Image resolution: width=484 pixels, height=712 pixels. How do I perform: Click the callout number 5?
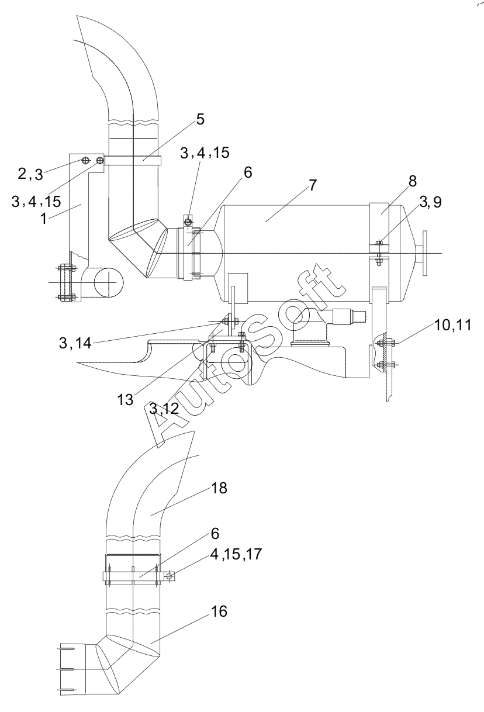[x=200, y=119]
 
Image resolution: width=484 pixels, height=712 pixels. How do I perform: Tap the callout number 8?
[x=412, y=181]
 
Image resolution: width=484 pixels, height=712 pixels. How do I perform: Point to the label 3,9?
[x=431, y=202]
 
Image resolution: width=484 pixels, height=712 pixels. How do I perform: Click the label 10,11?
[x=452, y=325]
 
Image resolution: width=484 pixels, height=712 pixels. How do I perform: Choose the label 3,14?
[x=75, y=343]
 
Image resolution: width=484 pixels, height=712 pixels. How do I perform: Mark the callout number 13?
[x=125, y=400]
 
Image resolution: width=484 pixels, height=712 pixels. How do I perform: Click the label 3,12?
[x=164, y=409]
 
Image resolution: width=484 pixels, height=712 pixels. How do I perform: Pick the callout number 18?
[x=219, y=488]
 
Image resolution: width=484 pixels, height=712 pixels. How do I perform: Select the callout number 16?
[x=219, y=611]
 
